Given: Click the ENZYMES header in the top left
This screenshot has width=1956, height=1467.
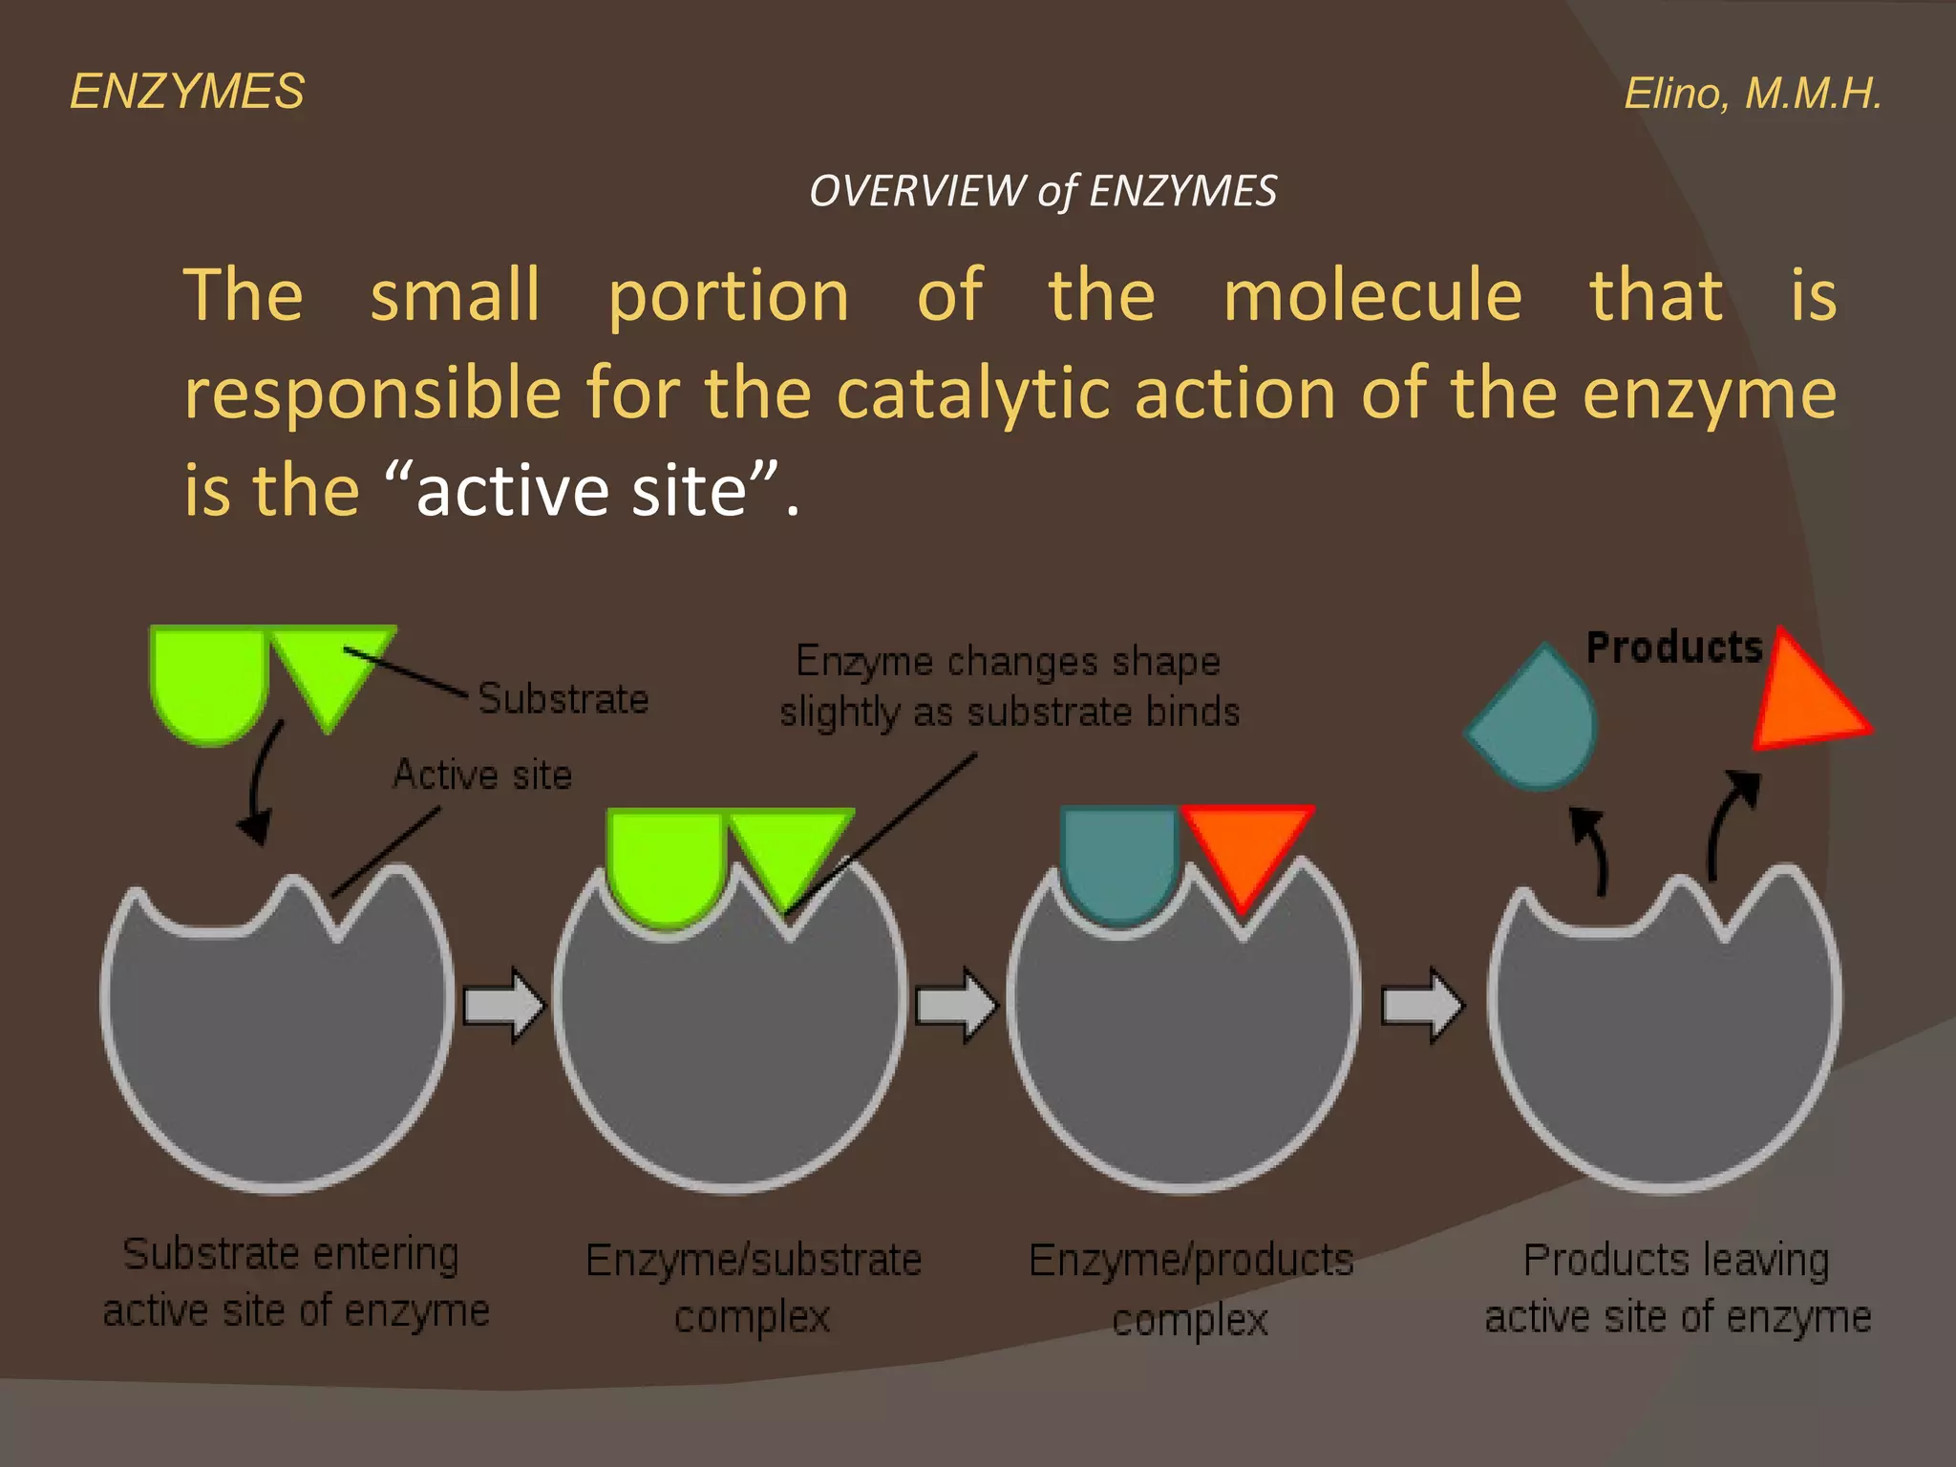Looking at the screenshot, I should click(187, 93).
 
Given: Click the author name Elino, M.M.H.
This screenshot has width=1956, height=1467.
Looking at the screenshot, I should click(1753, 94).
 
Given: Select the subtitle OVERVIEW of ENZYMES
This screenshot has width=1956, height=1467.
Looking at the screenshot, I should click(1042, 191).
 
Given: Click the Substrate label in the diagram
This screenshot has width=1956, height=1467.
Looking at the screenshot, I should click(563, 698).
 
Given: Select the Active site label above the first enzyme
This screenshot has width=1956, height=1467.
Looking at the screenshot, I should click(482, 774).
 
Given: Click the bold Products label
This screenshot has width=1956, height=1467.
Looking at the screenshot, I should click(1673, 648).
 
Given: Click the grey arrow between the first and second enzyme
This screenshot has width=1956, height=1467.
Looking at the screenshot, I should click(503, 1005).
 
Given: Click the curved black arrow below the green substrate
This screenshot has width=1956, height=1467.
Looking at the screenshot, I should click(260, 783).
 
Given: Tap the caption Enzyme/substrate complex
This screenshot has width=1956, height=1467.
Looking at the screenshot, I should click(754, 1287).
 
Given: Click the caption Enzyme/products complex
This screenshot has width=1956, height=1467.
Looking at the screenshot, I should click(1191, 1289).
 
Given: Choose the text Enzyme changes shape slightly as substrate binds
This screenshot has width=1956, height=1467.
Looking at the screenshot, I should click(1009, 686).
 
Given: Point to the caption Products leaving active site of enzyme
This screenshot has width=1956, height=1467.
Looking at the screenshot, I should click(1677, 1287).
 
